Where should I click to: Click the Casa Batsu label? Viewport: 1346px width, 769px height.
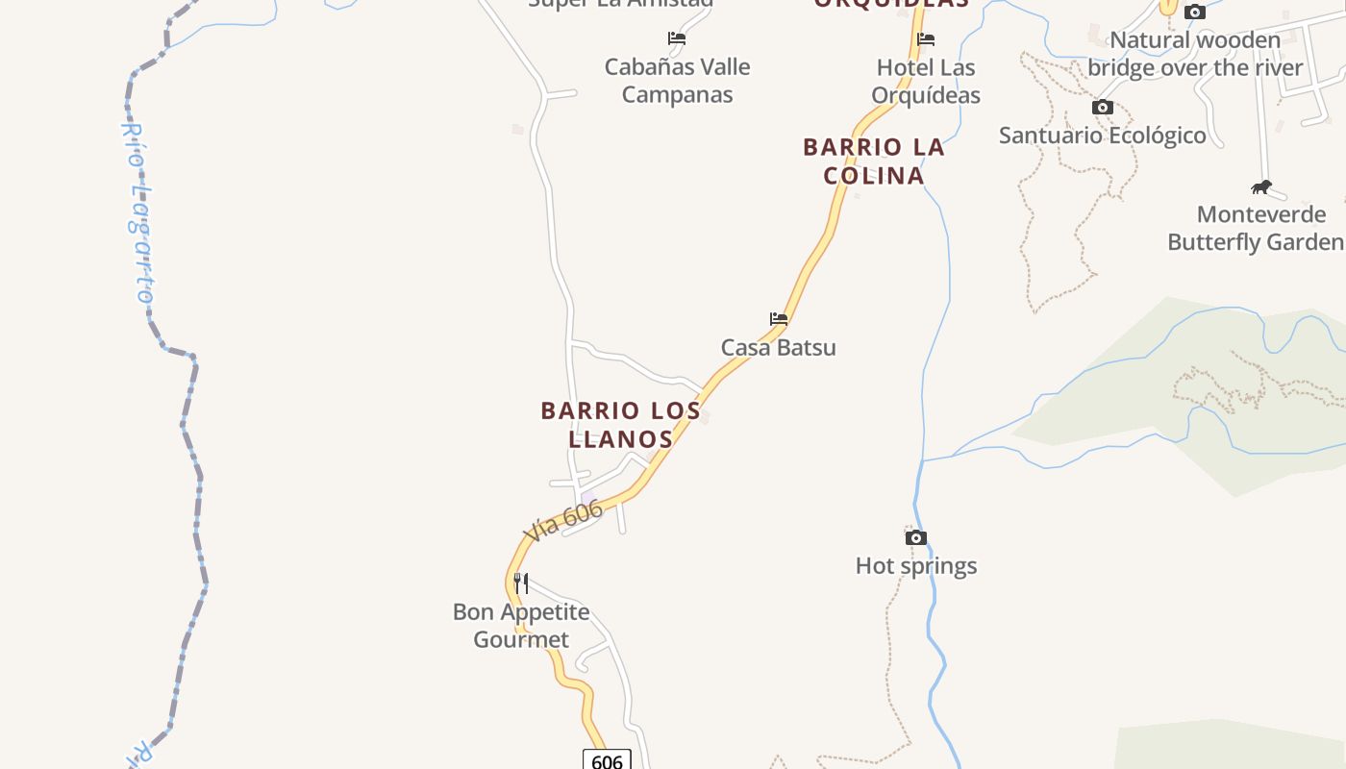coord(778,348)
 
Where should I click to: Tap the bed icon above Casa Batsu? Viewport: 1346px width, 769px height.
coord(779,319)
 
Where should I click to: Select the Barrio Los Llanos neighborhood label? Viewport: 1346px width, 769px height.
coord(621,425)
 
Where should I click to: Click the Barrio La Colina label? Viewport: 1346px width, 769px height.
coord(874,161)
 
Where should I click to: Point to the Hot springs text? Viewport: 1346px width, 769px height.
coord(916,566)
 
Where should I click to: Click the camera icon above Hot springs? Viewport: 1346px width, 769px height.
coord(916,537)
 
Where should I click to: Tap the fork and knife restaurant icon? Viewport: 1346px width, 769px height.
coord(520,583)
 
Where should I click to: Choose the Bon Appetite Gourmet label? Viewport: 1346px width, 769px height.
coord(521,626)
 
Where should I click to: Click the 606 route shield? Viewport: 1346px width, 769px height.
coord(607,761)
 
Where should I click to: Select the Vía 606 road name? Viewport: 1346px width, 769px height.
coord(563,520)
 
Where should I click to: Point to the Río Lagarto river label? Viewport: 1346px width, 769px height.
coord(137,212)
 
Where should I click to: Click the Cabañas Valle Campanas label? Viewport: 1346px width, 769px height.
coord(677,81)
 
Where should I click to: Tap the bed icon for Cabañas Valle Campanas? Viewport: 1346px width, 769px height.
coord(677,38)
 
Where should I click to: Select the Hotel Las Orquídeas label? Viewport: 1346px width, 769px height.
coord(926,82)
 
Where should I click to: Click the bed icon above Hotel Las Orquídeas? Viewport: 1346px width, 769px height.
coord(926,39)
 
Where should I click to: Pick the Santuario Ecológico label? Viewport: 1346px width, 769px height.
coord(1103,136)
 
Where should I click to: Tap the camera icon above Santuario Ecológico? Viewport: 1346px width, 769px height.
coord(1103,107)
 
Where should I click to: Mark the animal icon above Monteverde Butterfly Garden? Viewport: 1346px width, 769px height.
coord(1261,186)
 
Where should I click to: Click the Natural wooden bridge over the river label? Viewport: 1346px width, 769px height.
coord(1195,54)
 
